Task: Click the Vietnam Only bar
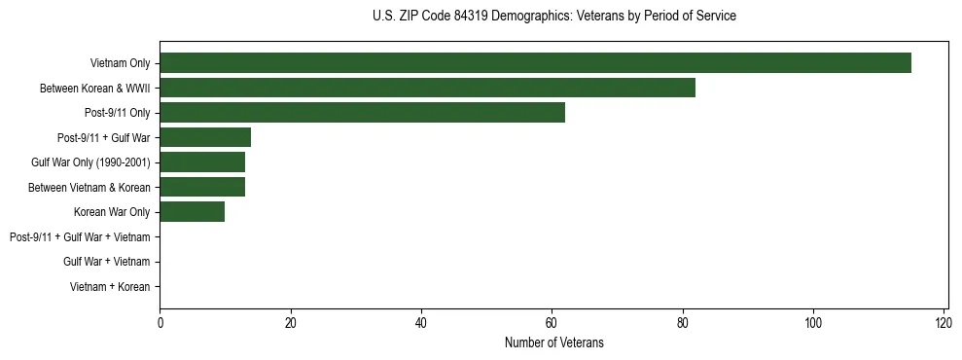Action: [535, 63]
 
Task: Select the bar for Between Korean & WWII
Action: [427, 89]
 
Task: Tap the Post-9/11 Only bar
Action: [362, 113]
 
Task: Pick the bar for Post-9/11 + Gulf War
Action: [205, 138]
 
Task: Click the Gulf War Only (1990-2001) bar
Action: [202, 162]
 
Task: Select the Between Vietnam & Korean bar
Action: [202, 187]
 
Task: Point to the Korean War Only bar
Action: [193, 212]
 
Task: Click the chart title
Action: [553, 17]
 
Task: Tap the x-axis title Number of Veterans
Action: [553, 342]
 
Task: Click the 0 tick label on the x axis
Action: [160, 323]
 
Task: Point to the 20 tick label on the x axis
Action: [290, 323]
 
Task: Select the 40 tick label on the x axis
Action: [421, 323]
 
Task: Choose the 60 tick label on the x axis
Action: [552, 323]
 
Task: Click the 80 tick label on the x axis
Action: [683, 323]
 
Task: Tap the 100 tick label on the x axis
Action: [813, 323]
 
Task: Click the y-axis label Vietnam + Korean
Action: [110, 287]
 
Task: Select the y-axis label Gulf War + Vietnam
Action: [107, 262]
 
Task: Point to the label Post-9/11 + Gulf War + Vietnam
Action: [80, 237]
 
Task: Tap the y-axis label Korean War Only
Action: [112, 212]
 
